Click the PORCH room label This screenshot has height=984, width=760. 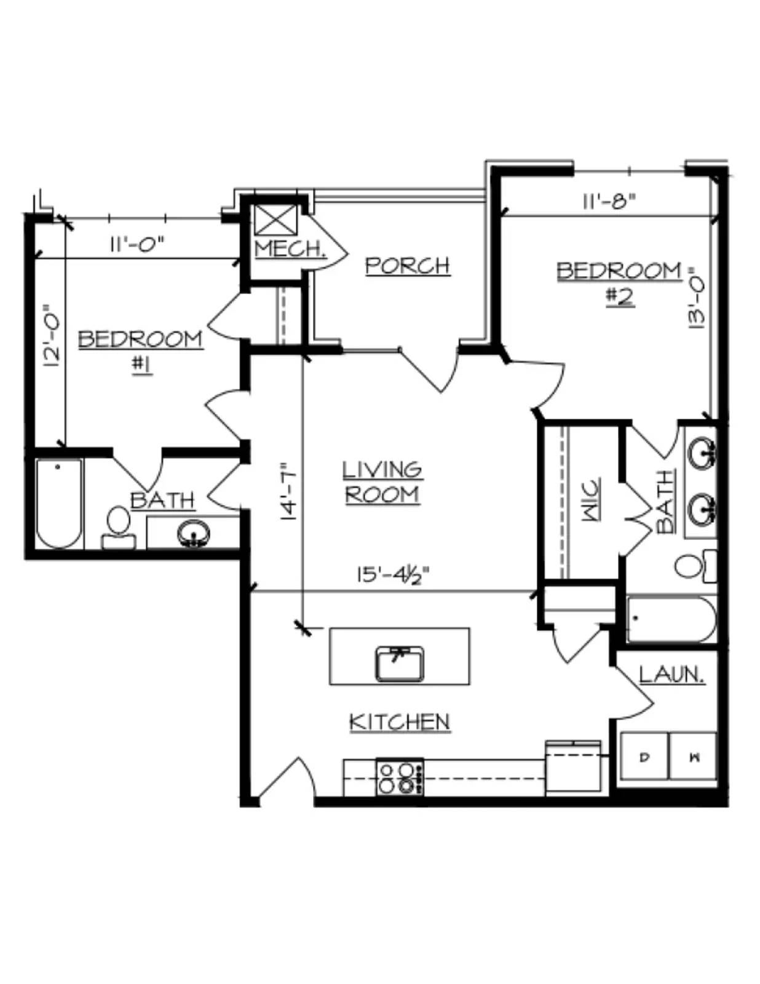[408, 265]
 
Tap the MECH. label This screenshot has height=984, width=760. [291, 248]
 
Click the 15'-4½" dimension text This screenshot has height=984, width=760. [393, 576]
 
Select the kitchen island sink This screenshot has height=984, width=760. [400, 664]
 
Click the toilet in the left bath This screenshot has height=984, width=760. [119, 527]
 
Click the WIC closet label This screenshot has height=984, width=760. [591, 500]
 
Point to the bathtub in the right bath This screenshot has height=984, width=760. [671, 619]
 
